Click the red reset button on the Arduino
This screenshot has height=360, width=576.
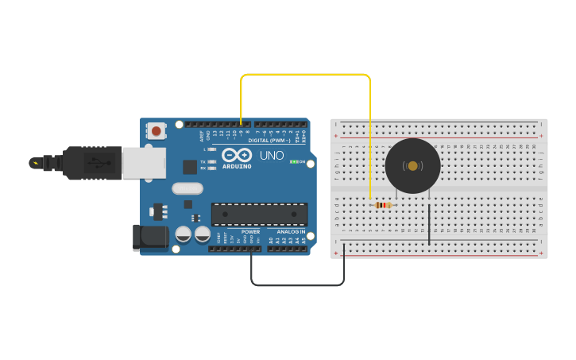[157, 131]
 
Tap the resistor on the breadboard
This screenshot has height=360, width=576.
[383, 205]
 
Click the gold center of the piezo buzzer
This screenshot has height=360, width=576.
[412, 165]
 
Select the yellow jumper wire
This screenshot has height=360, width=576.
[306, 75]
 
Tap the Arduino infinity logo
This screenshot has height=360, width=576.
[237, 155]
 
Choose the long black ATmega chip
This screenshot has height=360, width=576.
[259, 214]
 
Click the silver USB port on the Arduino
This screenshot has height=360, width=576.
[144, 163]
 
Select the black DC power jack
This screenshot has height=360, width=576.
[151, 237]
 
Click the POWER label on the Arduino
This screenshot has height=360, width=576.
[250, 232]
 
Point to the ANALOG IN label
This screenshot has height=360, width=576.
[291, 232]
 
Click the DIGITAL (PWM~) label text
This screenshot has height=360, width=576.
[269, 140]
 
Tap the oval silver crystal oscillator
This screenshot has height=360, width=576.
[187, 188]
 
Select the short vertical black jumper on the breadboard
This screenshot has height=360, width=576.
[429, 224]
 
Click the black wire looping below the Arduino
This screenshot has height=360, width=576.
[298, 285]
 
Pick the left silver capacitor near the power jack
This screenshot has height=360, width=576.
[184, 234]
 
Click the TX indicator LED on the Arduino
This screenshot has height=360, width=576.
[211, 161]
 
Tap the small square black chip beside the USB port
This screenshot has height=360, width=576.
[190, 167]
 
